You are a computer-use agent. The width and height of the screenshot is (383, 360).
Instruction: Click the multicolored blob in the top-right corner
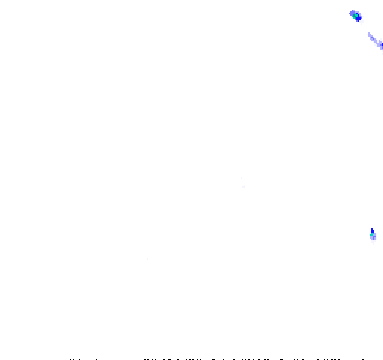pos(356,16)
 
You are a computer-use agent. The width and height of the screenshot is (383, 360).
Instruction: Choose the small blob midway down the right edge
pos(373,237)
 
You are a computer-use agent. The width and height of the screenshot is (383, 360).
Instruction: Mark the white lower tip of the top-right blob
pos(361,22)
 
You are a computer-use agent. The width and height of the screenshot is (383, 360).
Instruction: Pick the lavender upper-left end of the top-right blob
pos(350,12)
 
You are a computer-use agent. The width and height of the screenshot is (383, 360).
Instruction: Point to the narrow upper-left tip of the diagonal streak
pos(368,34)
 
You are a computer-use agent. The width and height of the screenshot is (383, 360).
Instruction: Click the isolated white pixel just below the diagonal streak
pos(382,53)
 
